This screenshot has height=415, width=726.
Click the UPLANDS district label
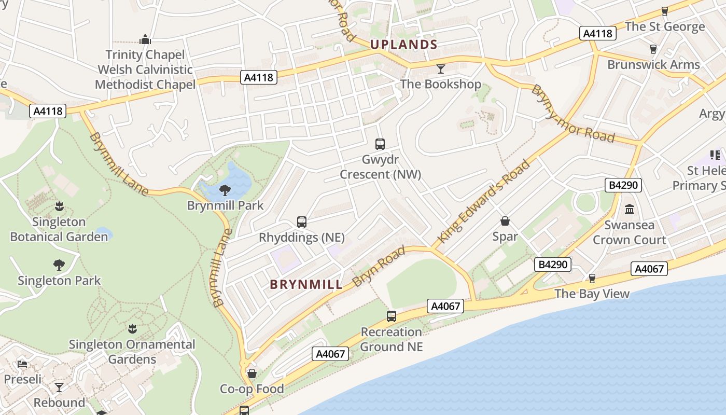(404, 45)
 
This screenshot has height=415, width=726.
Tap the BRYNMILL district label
(306, 284)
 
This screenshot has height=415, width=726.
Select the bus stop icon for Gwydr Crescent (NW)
(380, 144)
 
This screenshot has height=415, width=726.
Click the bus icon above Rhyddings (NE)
(302, 222)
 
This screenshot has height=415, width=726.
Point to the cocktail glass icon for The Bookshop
(441, 68)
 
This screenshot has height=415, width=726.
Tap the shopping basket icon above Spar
(505, 222)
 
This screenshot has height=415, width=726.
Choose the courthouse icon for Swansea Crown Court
(630, 210)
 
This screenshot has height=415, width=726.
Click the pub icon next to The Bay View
(592, 279)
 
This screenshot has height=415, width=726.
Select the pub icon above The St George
(665, 11)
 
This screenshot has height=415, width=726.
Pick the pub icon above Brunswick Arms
(653, 49)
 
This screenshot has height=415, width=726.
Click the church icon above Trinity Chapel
(145, 39)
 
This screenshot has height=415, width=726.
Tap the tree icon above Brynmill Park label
(225, 190)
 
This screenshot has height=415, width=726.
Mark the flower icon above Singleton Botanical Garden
(59, 206)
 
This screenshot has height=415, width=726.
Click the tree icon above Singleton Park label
(59, 265)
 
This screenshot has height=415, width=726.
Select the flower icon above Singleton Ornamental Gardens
(132, 329)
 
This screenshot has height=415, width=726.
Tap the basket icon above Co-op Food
(252, 374)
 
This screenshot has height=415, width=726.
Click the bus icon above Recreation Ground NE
(392, 316)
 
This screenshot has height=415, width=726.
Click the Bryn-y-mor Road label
(573, 114)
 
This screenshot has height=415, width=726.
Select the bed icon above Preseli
(22, 364)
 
